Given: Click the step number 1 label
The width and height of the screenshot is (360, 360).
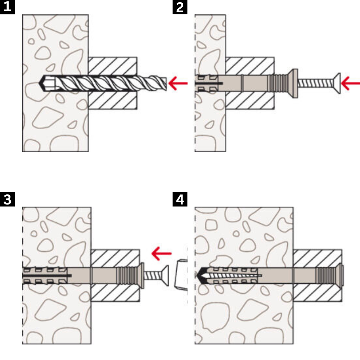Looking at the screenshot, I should [x=7, y=7].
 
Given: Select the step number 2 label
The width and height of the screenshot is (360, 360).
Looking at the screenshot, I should [x=180, y=7].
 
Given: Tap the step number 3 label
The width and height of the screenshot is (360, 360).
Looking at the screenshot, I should [x=7, y=199].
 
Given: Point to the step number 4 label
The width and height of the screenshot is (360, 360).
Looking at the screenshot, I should [x=180, y=199].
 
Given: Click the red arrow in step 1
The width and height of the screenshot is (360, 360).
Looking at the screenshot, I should [x=178, y=84].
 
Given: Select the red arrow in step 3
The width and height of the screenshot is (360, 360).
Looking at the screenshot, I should [x=161, y=253].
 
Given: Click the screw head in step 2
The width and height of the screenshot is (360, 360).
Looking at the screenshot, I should [x=337, y=84].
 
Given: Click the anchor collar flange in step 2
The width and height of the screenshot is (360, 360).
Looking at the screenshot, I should [x=294, y=84].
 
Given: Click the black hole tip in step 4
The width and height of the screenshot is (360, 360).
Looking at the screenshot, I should [x=200, y=275].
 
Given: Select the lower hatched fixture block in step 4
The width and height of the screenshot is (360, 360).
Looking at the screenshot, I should [x=317, y=293].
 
